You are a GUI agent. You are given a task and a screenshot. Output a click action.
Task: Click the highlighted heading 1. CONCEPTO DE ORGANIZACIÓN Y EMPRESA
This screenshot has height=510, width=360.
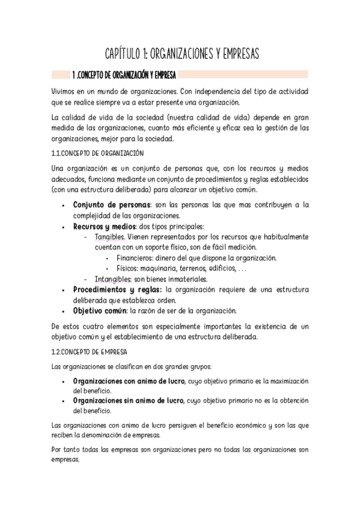coord(124,75)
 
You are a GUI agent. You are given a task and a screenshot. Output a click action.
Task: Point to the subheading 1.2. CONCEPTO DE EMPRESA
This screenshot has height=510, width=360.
coord(89,351)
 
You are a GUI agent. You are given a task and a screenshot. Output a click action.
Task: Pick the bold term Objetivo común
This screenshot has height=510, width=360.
coord(99,311)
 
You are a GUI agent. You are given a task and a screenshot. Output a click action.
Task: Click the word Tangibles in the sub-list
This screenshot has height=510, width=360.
coord(109,237)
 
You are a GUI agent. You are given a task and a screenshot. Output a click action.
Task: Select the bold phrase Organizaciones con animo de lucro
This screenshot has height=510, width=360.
coord(128,382)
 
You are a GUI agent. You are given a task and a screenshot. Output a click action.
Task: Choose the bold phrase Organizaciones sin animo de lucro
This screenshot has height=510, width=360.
coord(127,401)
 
